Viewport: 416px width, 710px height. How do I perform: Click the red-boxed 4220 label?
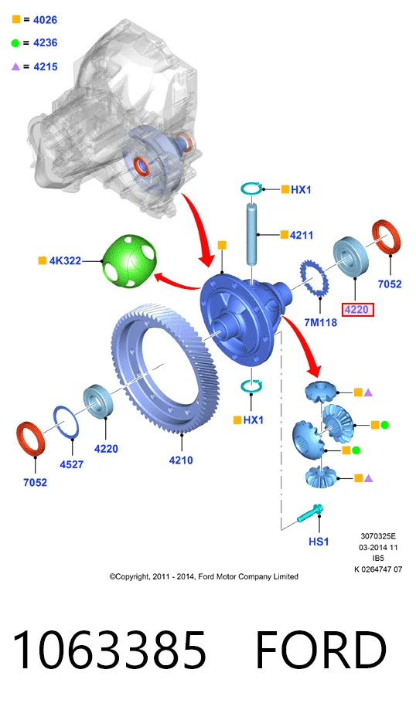point(357,310)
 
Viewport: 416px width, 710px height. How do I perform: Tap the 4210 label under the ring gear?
point(181,460)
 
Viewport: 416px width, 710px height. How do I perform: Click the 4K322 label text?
point(65,260)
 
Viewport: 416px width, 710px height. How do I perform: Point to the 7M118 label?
point(320,322)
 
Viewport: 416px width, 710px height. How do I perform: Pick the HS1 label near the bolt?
point(319,542)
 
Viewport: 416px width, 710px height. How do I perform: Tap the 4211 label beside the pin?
point(302,235)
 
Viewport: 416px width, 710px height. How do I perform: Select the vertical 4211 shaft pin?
point(252,234)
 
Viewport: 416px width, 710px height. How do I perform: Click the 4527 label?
point(72,464)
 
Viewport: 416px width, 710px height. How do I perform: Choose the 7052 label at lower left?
point(35,482)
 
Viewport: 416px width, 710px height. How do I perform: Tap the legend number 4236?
point(46,43)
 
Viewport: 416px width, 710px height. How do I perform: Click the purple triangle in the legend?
point(16,66)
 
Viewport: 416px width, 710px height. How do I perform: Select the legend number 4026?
point(46,20)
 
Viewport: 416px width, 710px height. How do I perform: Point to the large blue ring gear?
point(165,370)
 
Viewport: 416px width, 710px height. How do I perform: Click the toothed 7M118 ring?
point(314,278)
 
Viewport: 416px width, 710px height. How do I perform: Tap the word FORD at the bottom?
point(321,651)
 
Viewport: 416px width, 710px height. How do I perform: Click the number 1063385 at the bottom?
point(109,651)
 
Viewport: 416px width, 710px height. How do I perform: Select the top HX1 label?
point(301,190)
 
